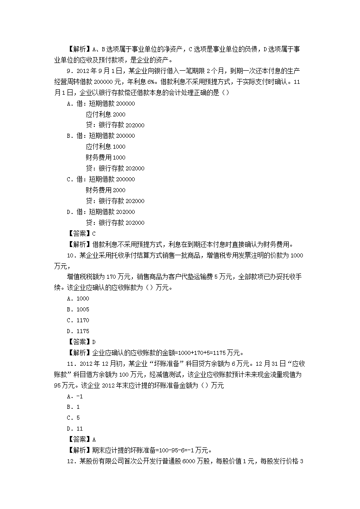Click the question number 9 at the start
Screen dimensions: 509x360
pos(69,71)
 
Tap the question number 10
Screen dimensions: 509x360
pos(70,256)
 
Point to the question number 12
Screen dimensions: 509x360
pos(70,462)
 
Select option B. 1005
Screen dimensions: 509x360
pos(78,310)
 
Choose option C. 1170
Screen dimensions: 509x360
pos(78,320)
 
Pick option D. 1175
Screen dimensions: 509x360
pos(78,331)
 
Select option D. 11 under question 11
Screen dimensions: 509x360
pos(75,429)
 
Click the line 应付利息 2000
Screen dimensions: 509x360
pos(106,115)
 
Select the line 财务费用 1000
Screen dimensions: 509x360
pos(106,158)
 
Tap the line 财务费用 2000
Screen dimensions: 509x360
pos(106,190)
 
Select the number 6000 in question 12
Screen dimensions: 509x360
pos(190,462)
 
